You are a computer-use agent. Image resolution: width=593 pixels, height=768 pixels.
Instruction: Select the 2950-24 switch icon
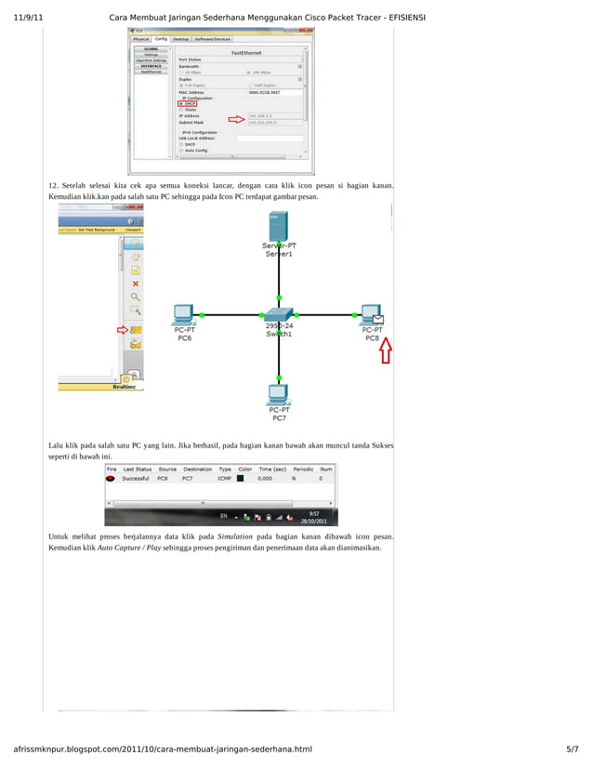coord(278,313)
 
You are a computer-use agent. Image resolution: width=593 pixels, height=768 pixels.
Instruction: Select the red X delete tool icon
coord(136,284)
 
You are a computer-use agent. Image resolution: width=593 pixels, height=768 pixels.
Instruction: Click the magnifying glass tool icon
coord(136,297)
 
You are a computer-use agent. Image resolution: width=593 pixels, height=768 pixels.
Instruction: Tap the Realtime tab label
coord(127,387)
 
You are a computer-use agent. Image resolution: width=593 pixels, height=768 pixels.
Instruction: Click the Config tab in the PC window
coord(161,39)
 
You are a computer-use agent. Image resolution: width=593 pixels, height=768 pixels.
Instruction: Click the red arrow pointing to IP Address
coord(235,118)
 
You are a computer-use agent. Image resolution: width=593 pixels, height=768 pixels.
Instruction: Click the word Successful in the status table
coord(136,479)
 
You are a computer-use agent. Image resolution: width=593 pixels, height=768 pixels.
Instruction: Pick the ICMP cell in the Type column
coord(224,479)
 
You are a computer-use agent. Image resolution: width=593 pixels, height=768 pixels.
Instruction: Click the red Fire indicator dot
coord(111,479)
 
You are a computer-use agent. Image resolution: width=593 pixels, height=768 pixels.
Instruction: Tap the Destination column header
coord(197,470)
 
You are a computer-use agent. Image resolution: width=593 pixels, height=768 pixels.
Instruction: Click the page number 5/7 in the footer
coord(572,748)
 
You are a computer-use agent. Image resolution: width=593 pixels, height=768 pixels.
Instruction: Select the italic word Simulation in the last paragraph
coord(236,537)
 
